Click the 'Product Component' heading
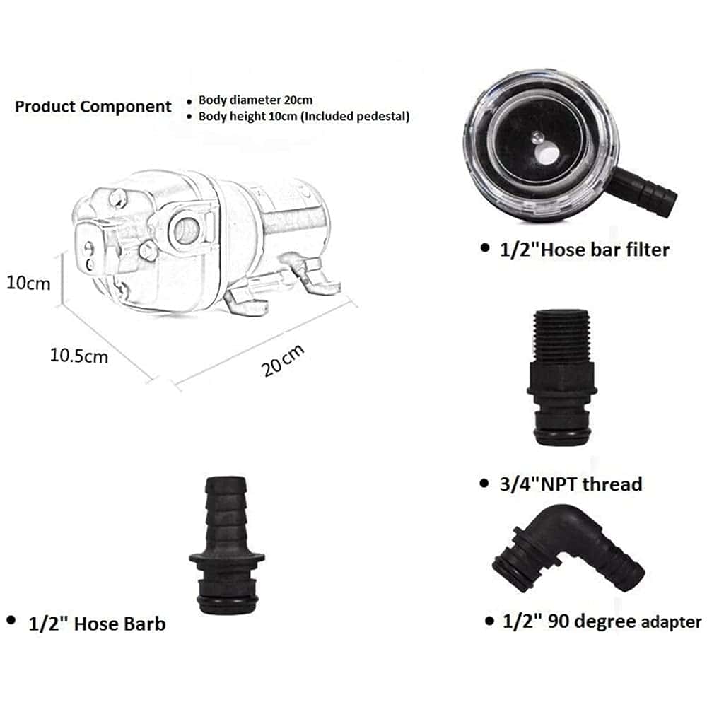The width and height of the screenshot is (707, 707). pos(93,107)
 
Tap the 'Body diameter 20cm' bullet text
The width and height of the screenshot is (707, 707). pos(256,100)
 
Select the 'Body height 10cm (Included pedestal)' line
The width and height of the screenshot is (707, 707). pos(304,117)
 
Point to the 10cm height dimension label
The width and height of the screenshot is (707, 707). pos(28,284)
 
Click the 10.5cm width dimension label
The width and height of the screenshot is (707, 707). pos(79,356)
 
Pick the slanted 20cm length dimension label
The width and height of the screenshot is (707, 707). pos(283,361)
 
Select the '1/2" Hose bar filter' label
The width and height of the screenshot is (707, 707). pos(585,250)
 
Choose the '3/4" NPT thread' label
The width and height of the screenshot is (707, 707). pos(571,484)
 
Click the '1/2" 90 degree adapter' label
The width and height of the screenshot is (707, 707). pos(602,621)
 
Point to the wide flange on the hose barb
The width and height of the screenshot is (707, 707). pos(227,559)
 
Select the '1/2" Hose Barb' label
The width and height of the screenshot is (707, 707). pos(97,624)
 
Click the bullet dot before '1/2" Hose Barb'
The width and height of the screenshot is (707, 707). pos(11,621)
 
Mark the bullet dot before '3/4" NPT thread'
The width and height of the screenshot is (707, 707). pos(484,484)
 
